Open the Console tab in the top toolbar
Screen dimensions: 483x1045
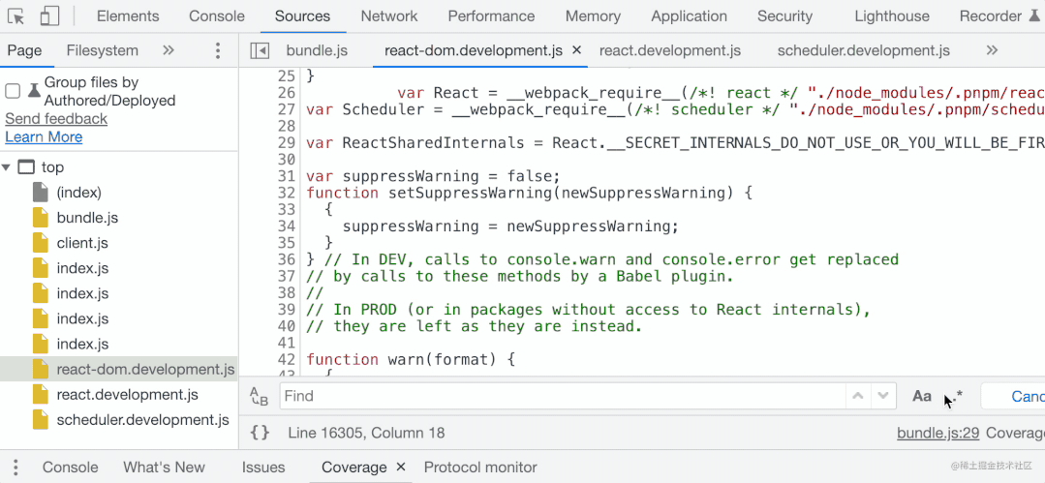point(217,16)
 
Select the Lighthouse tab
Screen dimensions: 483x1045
point(892,16)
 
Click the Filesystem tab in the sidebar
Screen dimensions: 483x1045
point(103,50)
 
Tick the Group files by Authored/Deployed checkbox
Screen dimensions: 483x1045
point(14,91)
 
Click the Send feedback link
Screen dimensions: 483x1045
point(56,118)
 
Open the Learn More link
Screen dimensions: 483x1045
point(44,136)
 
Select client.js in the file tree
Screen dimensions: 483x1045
point(82,243)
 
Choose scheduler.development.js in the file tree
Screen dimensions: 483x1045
point(142,419)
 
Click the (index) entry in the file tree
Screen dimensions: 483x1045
point(78,193)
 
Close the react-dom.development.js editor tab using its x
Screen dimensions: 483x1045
point(577,50)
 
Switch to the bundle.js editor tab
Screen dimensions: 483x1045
point(317,50)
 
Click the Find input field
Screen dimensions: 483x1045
point(562,396)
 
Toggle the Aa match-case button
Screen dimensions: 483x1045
point(922,396)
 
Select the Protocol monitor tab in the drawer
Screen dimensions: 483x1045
point(480,467)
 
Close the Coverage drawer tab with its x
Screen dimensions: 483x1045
point(401,467)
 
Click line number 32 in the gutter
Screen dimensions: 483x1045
point(286,193)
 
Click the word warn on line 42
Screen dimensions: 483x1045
point(407,359)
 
